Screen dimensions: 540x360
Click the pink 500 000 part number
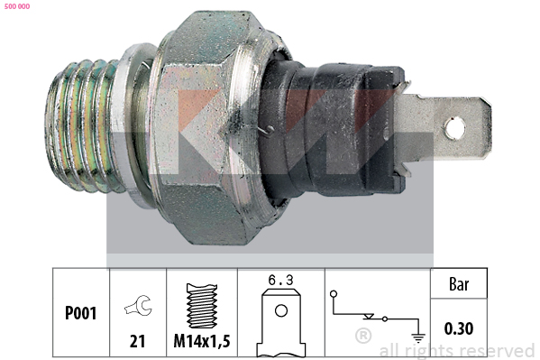point(17,6)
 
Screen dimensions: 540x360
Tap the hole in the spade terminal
point(455,129)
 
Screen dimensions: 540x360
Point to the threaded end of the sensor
point(83,125)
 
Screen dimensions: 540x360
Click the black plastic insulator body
point(331,129)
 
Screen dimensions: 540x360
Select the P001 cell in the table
point(80,313)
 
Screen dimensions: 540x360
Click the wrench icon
point(138,305)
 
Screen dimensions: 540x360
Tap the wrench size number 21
point(137,341)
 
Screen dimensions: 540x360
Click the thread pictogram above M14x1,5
point(202,306)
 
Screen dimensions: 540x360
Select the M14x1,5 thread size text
point(202,341)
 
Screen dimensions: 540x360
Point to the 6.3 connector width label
point(280,280)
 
